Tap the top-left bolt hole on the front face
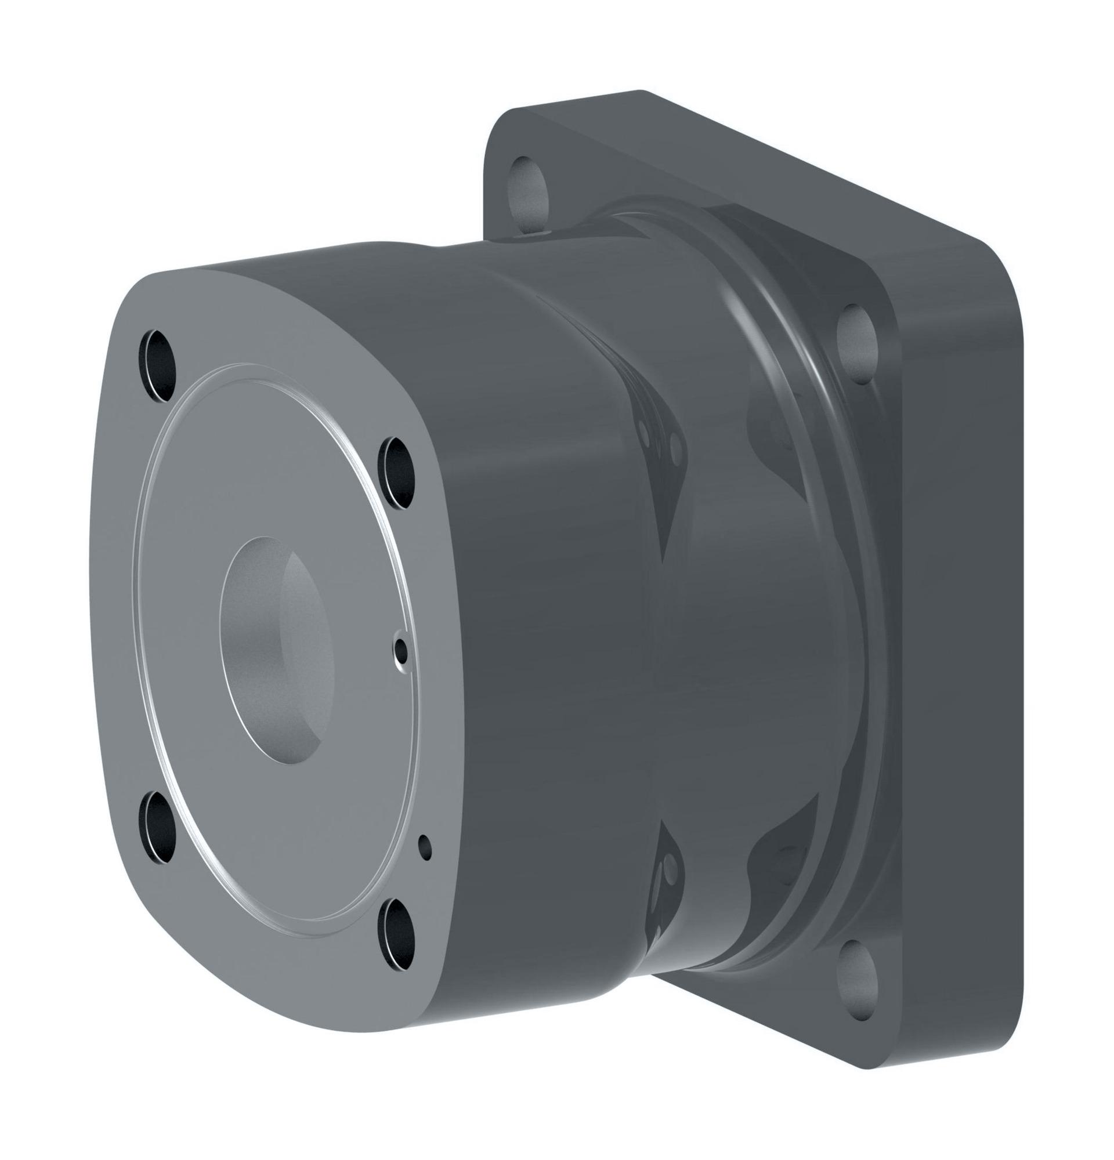(158, 365)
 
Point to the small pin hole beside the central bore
(402, 651)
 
